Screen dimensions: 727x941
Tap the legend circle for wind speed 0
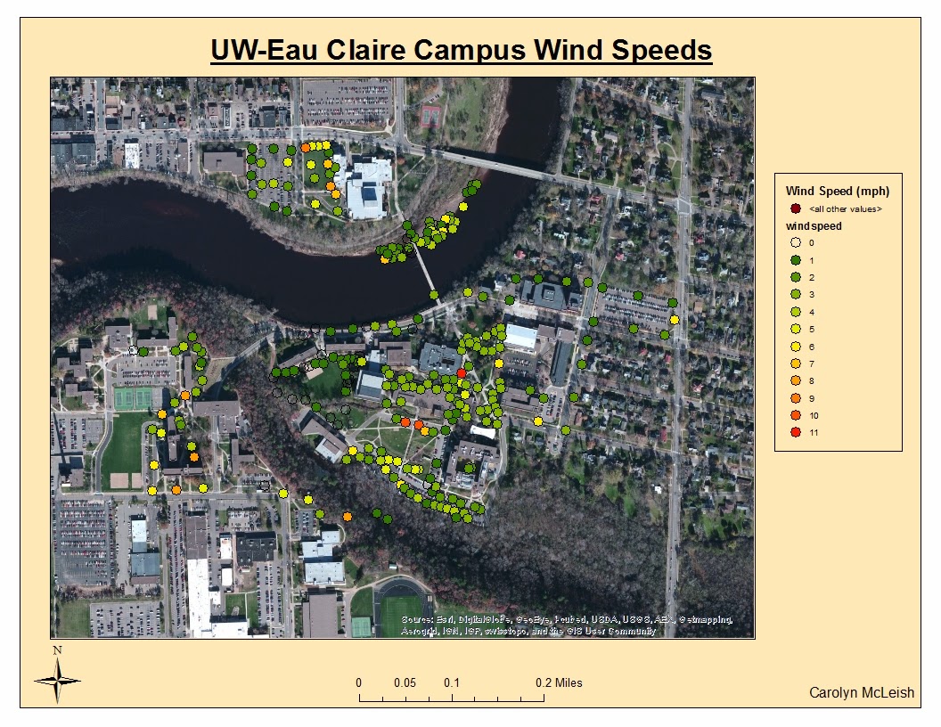pos(797,242)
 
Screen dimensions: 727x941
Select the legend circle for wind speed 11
pos(797,433)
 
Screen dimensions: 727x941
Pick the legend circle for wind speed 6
pos(797,347)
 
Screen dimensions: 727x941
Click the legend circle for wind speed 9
pos(797,398)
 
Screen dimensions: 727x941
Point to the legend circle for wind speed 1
pos(797,260)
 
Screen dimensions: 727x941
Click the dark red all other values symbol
pos(797,208)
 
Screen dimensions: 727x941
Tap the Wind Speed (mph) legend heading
pos(838,191)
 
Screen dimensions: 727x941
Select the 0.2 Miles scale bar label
pos(559,683)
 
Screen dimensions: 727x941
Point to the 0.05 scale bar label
pos(405,683)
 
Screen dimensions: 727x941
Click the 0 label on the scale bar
pos(359,683)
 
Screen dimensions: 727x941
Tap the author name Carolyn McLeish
pos(861,693)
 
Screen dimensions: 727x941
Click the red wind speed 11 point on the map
pos(461,373)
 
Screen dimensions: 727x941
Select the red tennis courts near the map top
pos(430,114)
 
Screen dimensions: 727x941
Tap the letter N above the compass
pos(57,650)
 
